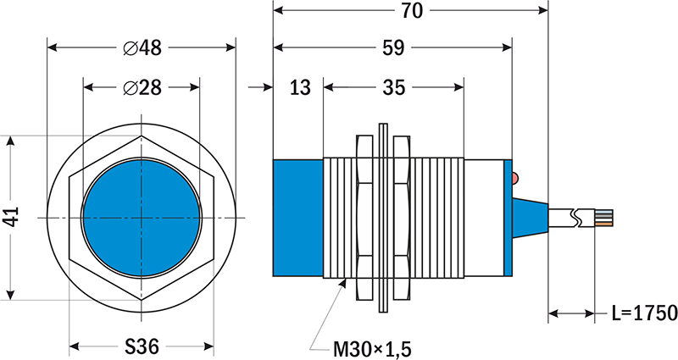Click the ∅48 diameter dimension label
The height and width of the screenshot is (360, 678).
(142, 48)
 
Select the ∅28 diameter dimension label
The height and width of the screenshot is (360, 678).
(142, 86)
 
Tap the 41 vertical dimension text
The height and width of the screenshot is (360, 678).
(11, 218)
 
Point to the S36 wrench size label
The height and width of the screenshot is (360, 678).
(142, 346)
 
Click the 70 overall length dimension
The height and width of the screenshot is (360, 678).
(411, 10)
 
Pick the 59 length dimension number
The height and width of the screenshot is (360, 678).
(392, 47)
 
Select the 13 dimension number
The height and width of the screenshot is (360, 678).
(299, 86)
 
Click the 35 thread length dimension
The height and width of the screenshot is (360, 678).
(393, 86)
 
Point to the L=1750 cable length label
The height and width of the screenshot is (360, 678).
(643, 314)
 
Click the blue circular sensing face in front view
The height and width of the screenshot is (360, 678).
(142, 218)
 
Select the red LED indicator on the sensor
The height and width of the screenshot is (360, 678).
(516, 177)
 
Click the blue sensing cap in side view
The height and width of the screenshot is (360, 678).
(297, 218)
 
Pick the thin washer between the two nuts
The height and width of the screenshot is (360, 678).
(384, 218)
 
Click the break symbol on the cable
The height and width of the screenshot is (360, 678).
(578, 218)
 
